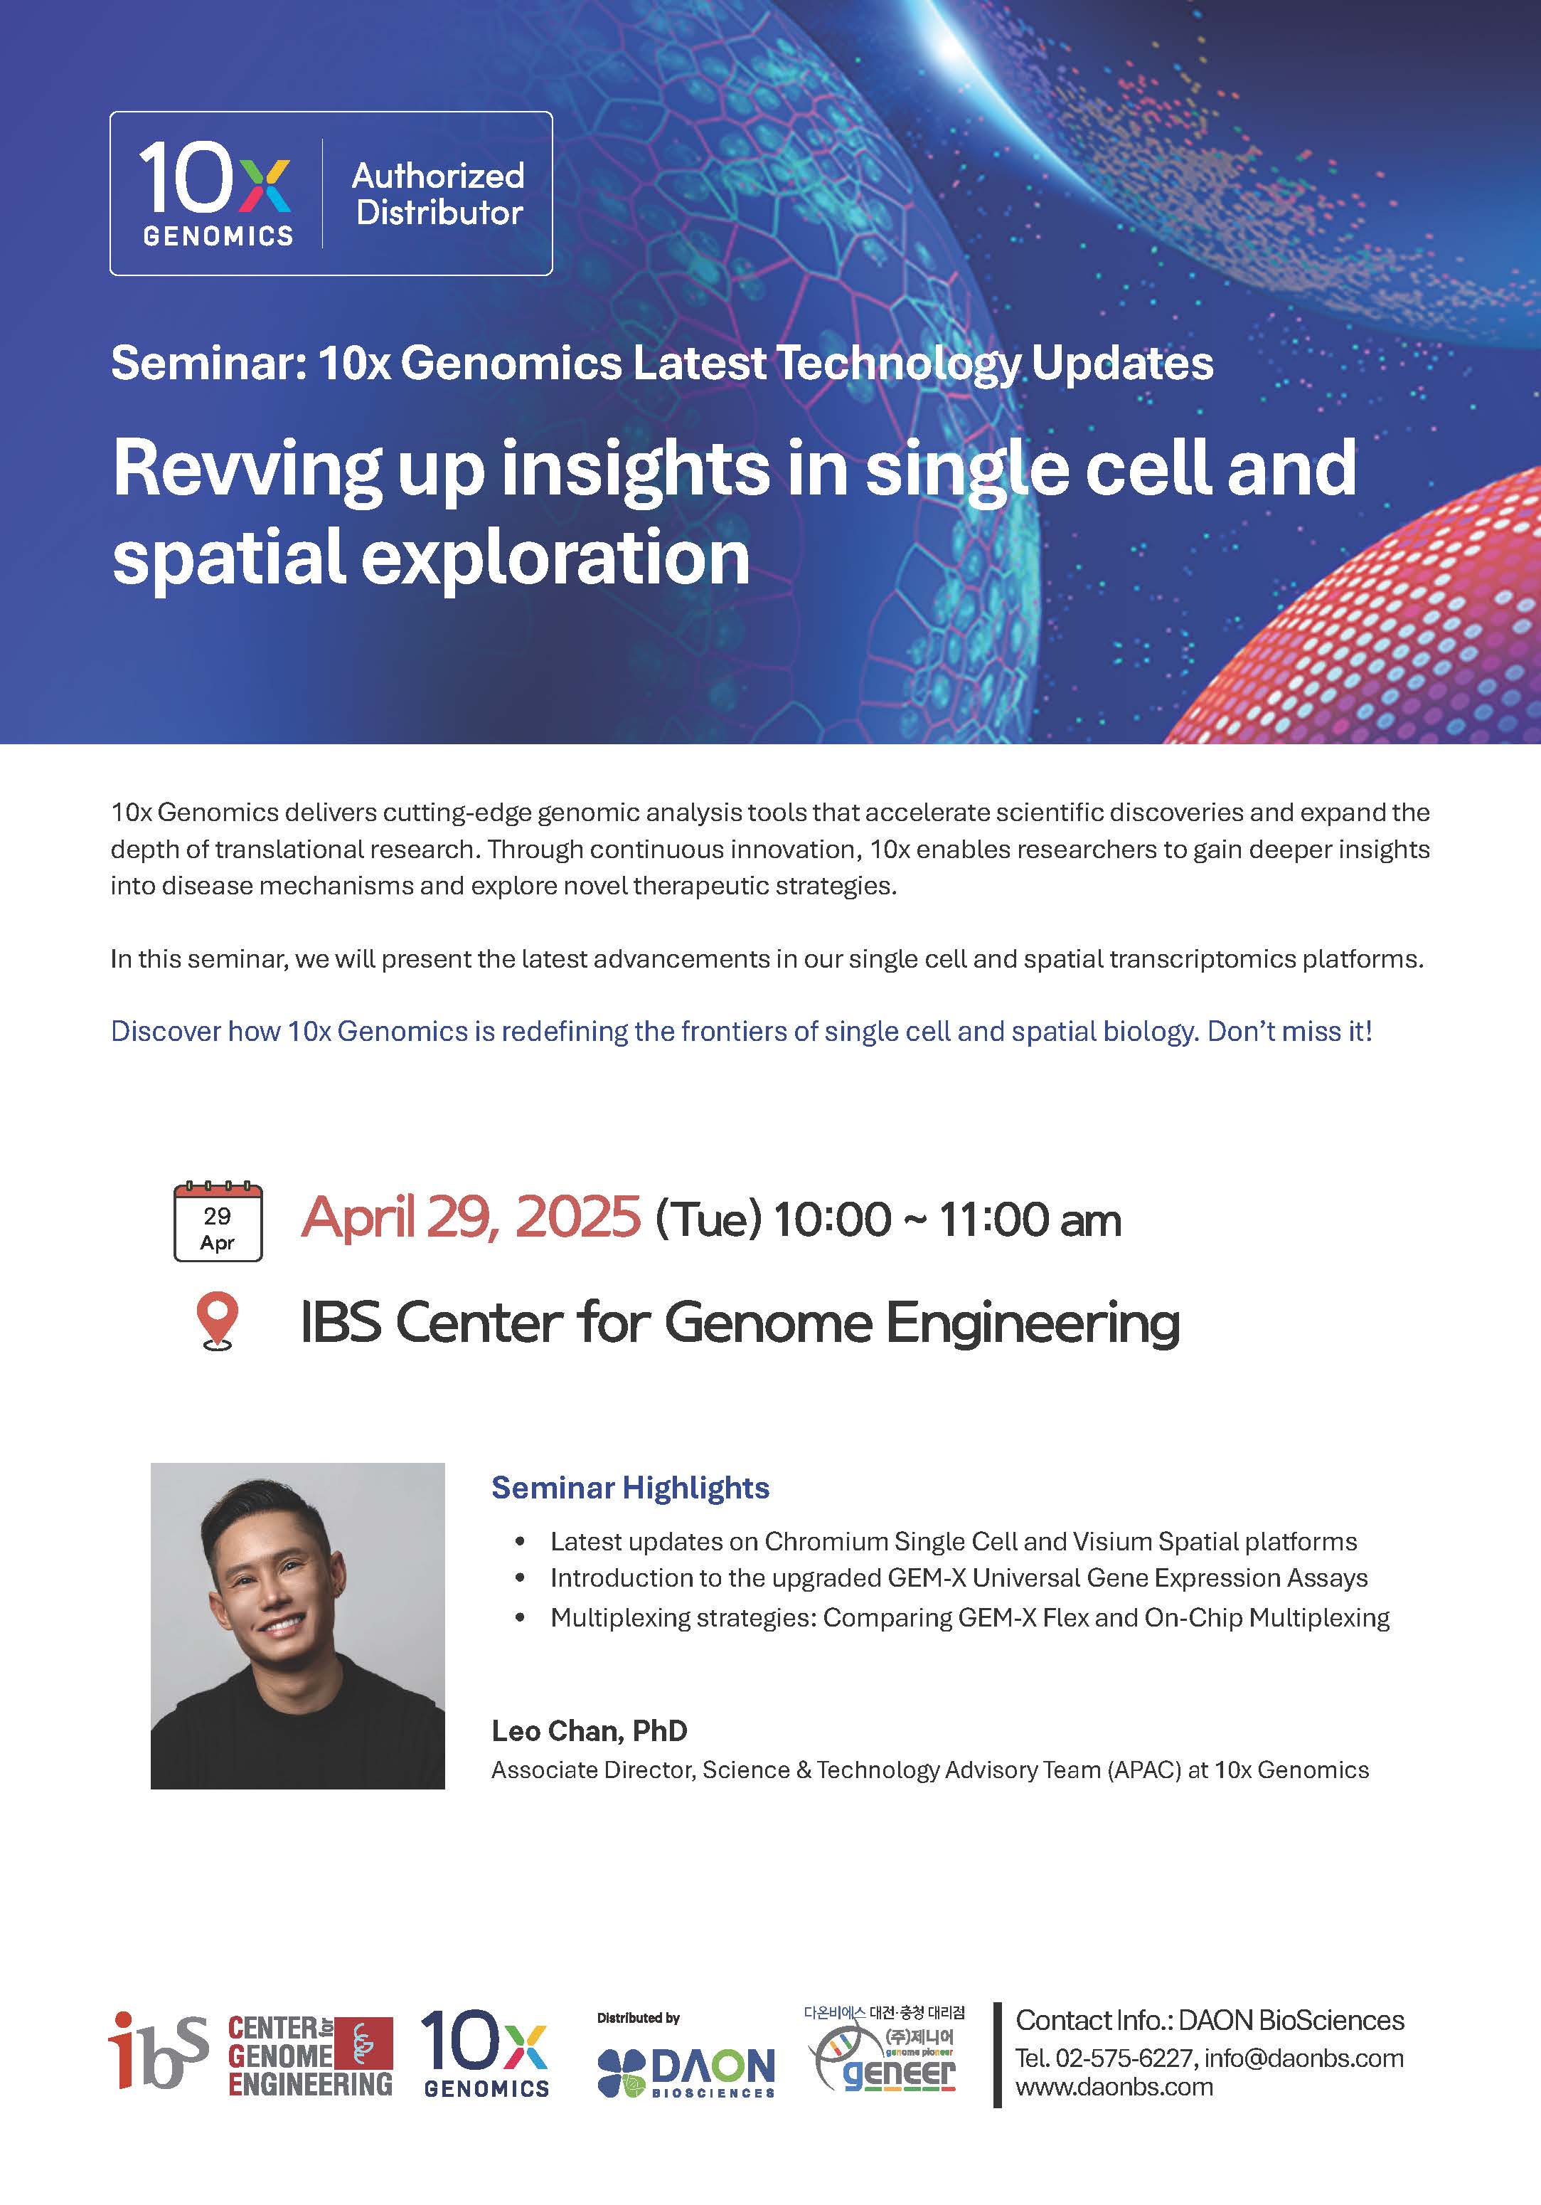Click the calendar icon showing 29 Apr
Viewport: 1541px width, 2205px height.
(x=218, y=1221)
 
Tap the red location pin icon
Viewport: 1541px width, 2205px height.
(x=218, y=1321)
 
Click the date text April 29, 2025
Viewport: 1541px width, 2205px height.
(x=471, y=1217)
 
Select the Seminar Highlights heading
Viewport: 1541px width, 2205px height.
(x=630, y=1488)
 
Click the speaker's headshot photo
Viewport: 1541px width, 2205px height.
(x=298, y=1626)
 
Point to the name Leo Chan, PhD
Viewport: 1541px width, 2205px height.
(x=590, y=1730)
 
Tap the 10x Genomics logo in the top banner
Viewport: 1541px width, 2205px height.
(x=217, y=194)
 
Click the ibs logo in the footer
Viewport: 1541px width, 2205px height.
(x=159, y=2051)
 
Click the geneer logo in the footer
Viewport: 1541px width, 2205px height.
(x=883, y=2051)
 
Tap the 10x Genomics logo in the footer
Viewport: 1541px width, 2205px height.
(x=486, y=2053)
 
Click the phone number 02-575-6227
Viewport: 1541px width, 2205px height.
(x=1124, y=2058)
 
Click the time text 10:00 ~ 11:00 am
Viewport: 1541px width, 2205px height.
(x=947, y=1220)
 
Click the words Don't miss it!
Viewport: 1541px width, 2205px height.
(x=1289, y=1030)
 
